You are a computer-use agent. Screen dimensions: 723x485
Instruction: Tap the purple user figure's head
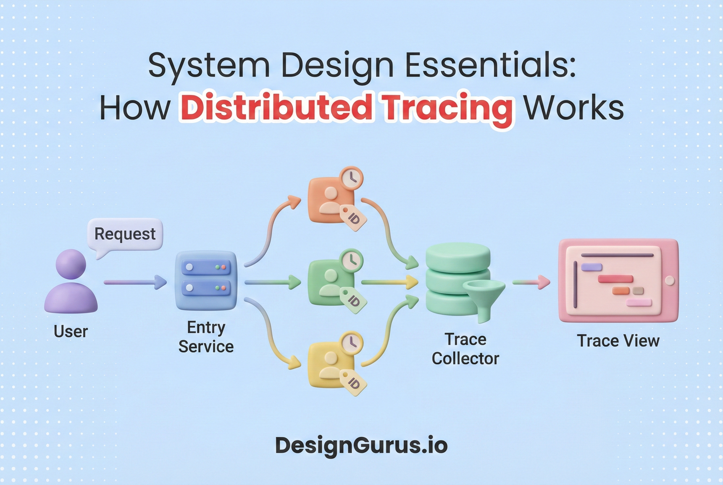click(71, 264)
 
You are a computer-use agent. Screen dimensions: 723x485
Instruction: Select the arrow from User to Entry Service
click(135, 282)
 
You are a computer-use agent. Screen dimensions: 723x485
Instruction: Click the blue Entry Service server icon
click(206, 281)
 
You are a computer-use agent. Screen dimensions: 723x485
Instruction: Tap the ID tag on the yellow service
click(353, 383)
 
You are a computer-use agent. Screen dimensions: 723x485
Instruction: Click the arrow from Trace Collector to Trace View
click(531, 282)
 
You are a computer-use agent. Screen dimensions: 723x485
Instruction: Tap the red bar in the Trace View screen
click(615, 279)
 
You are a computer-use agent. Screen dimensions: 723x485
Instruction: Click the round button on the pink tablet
click(670, 281)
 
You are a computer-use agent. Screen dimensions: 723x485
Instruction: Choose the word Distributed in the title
click(276, 108)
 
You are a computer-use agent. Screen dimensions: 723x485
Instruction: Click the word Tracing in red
click(447, 109)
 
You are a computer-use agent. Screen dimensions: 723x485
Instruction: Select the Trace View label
click(618, 341)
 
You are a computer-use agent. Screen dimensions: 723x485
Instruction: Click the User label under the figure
click(71, 331)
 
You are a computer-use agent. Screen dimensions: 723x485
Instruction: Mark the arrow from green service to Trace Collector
click(389, 282)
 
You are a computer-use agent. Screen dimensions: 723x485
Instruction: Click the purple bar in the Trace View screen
click(591, 267)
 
